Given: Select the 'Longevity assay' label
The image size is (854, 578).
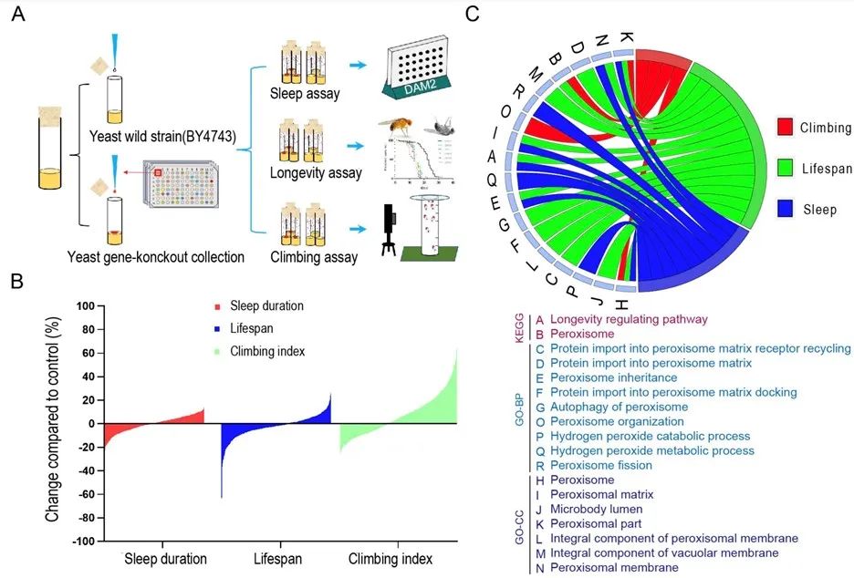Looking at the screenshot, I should point(316,172).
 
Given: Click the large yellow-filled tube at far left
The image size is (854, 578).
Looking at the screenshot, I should point(50,150).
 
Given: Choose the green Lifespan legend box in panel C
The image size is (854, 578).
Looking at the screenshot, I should point(786,168).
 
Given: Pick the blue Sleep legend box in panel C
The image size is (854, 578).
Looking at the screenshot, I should point(786,209).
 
